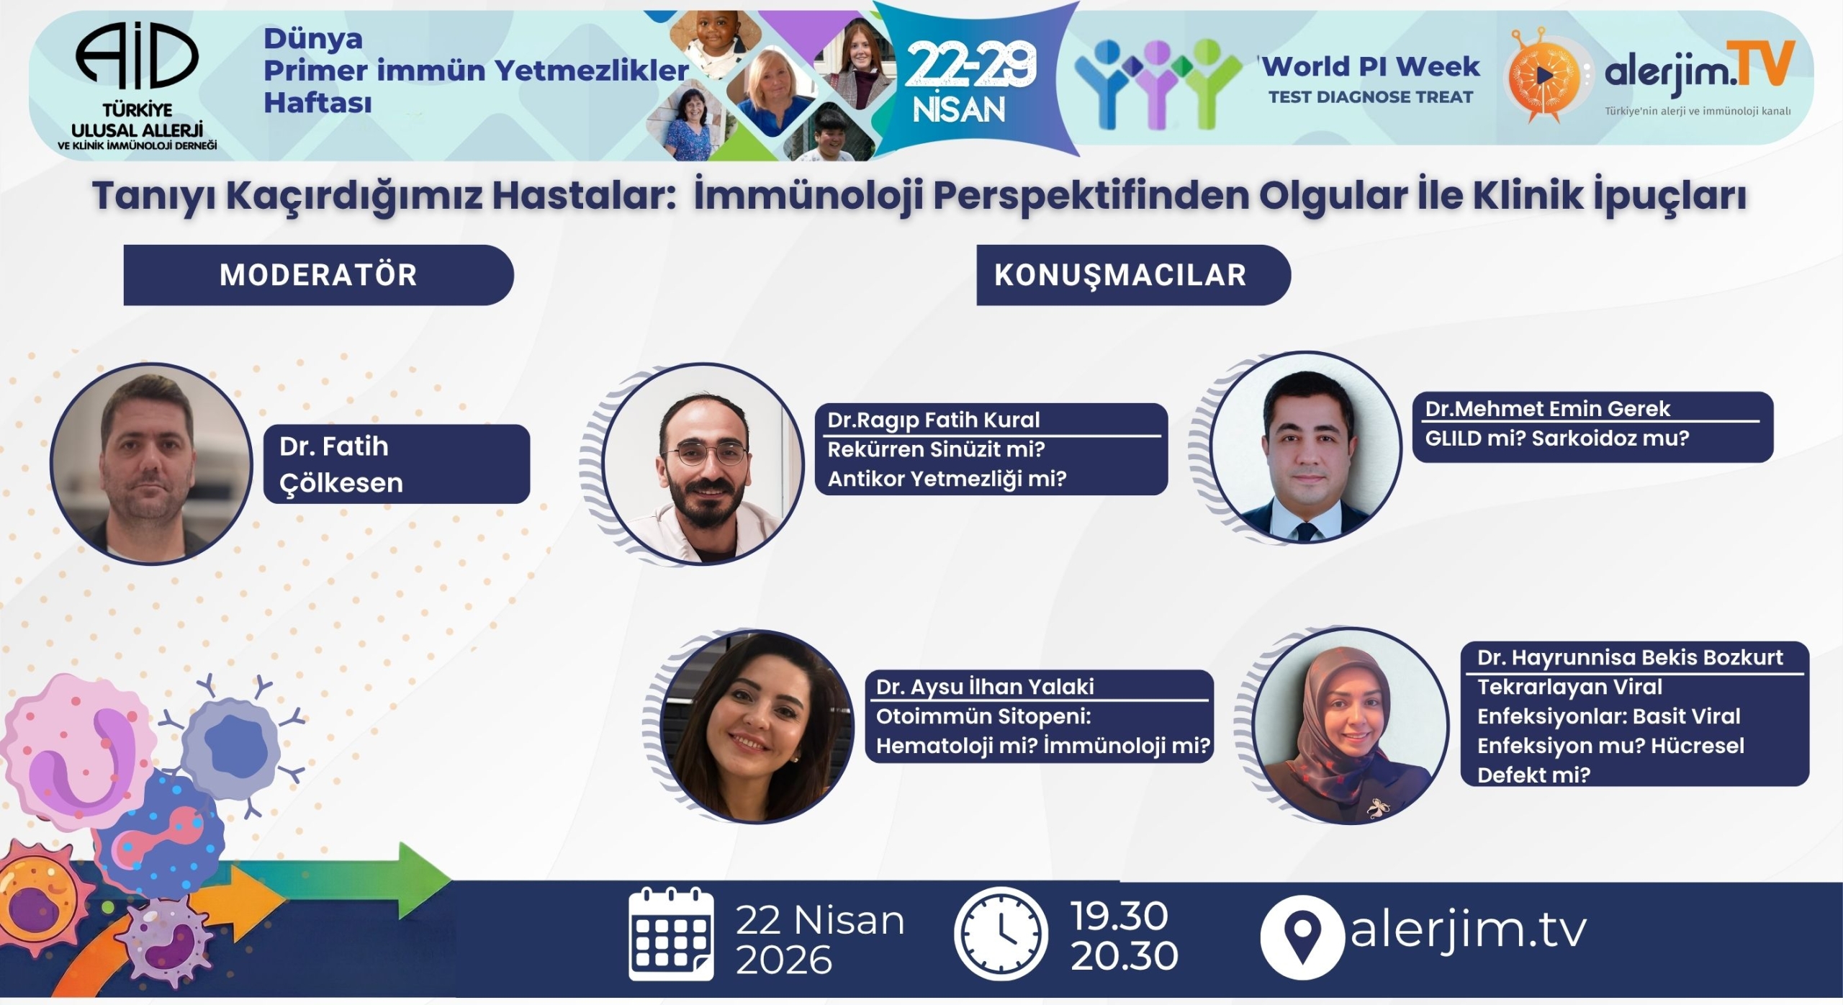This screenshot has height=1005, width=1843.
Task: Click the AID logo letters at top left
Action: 137,56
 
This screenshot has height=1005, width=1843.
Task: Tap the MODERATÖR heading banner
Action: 318,275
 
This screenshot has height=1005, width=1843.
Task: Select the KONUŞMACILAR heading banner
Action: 1120,275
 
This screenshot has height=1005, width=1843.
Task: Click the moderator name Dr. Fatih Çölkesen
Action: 341,464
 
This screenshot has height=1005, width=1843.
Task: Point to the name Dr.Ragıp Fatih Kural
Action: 933,420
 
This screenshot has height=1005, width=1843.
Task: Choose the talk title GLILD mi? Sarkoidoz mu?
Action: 1556,438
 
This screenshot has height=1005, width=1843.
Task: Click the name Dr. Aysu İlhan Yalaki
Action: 985,687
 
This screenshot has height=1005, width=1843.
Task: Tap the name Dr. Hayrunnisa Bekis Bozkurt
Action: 1630,657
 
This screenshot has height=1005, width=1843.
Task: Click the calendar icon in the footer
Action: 671,934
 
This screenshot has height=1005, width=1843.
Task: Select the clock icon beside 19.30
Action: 1001,934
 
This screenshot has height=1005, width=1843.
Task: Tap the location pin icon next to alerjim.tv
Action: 1302,936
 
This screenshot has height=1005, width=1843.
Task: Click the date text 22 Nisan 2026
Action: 819,939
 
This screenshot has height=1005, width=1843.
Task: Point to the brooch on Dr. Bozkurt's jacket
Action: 1376,808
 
